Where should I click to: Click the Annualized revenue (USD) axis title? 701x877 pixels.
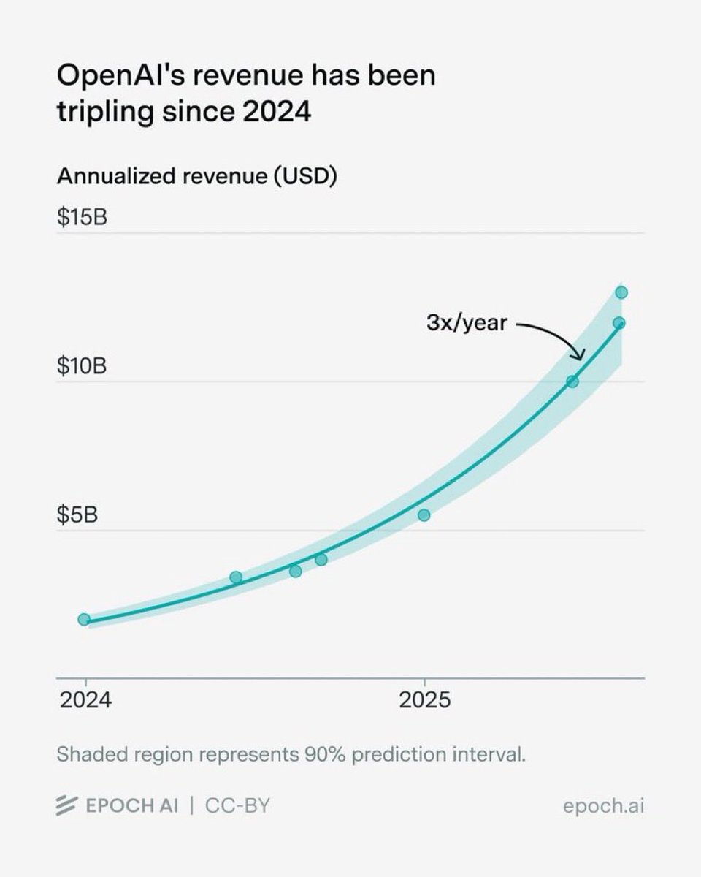[x=196, y=178]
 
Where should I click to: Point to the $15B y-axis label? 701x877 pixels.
[x=83, y=217]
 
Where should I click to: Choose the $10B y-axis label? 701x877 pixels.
[x=83, y=366]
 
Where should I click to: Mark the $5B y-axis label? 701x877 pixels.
[x=77, y=515]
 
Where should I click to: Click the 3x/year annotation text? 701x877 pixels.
[x=467, y=322]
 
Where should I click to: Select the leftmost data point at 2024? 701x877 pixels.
[x=84, y=620]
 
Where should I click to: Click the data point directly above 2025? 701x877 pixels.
[x=424, y=515]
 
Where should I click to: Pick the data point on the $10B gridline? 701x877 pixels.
[x=572, y=381]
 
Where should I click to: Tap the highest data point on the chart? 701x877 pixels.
[x=621, y=292]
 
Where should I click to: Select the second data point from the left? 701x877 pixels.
[x=236, y=577]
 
